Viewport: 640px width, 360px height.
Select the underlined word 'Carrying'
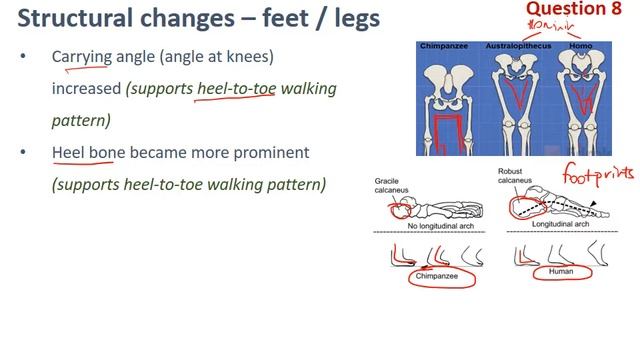[81, 58]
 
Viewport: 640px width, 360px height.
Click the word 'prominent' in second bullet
[275, 153]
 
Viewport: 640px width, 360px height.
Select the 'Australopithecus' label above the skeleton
[523, 46]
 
